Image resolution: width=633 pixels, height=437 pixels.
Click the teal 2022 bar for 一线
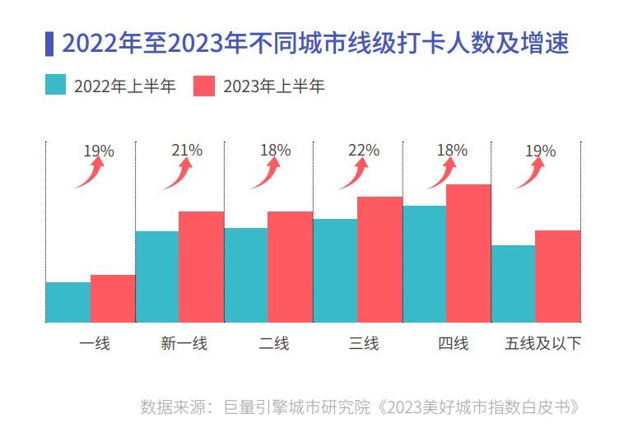[x=68, y=302]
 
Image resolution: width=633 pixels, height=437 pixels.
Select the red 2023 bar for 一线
[x=113, y=298]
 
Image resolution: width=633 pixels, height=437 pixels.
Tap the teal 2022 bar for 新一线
[x=157, y=277]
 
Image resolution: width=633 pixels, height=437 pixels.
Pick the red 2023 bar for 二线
[x=290, y=267]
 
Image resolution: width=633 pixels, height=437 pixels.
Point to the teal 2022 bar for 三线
[x=335, y=270]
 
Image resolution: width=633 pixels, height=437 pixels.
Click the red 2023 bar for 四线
[x=468, y=253]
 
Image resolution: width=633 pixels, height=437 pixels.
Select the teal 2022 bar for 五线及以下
[x=513, y=283]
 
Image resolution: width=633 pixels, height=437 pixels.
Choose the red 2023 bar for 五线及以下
[x=557, y=276]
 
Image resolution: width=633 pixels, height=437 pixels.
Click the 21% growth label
[x=187, y=151]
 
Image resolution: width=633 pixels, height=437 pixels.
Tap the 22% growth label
[x=364, y=151]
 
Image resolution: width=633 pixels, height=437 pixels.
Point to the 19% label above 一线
[x=99, y=151]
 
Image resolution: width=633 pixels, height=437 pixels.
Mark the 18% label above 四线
[x=452, y=151]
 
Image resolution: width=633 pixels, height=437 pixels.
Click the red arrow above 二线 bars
[x=267, y=173]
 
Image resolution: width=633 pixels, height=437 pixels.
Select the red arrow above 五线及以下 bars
[x=531, y=173]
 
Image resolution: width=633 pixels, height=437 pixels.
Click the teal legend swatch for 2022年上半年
[x=56, y=85]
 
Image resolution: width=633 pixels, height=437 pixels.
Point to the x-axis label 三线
[x=364, y=343]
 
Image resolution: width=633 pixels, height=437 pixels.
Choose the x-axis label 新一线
[x=184, y=343]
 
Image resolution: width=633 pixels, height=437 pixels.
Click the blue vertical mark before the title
[x=49, y=44]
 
